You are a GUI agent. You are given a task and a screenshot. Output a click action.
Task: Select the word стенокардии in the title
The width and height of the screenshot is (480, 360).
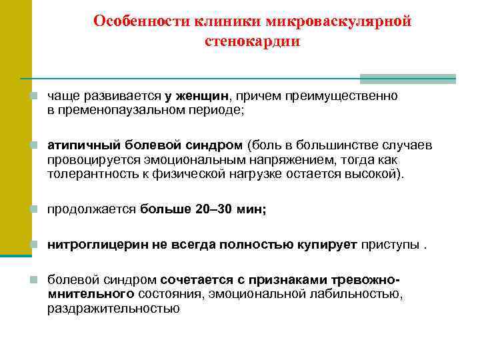253,41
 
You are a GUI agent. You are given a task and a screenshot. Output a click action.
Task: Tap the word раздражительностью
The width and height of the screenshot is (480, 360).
113,308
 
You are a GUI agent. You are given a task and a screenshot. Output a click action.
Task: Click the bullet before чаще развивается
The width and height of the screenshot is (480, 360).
34,97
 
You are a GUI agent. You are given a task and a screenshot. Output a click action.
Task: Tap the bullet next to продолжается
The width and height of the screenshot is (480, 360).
34,210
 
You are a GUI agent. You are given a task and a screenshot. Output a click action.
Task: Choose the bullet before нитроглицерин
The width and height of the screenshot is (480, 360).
34,245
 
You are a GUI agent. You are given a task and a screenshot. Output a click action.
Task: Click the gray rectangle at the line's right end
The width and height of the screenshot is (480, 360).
407,79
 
